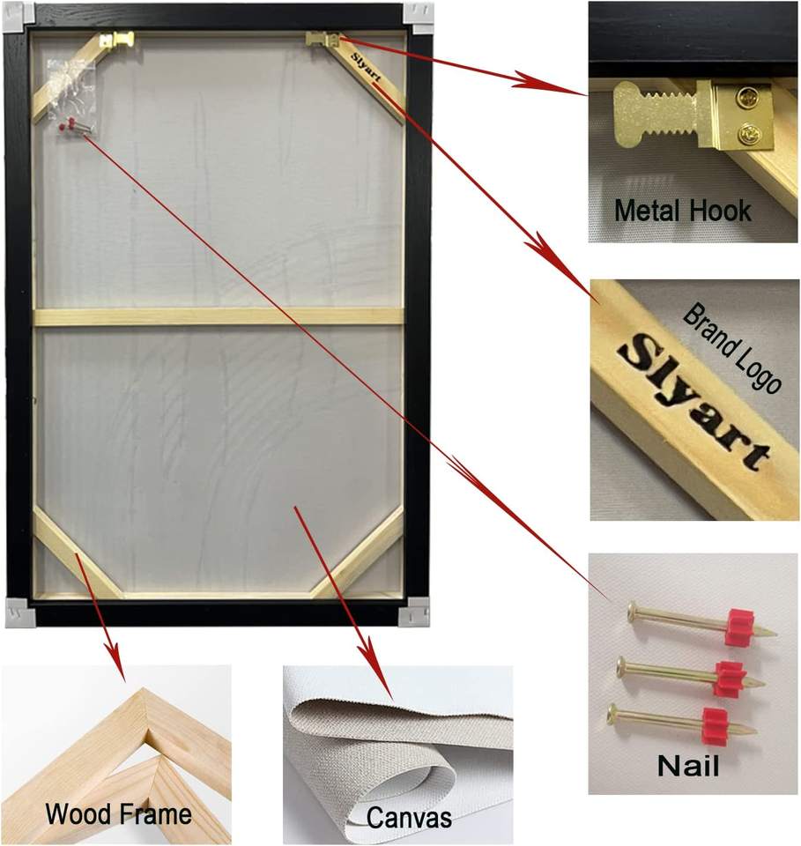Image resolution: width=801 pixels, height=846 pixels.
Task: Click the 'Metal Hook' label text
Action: coord(682,211)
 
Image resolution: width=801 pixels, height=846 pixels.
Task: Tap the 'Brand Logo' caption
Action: coord(732,349)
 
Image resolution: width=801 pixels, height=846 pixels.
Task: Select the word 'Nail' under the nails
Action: coord(687,764)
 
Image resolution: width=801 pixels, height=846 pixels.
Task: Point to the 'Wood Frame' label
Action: coord(118,813)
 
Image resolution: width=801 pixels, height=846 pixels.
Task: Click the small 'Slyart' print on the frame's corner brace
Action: coord(365,67)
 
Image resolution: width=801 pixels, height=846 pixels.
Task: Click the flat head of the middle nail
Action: coord(622,665)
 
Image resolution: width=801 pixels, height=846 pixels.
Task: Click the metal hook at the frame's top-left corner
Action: coord(117,41)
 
